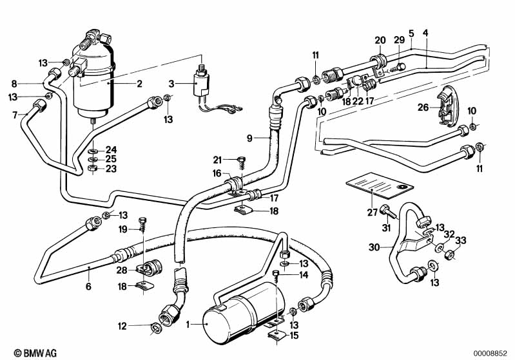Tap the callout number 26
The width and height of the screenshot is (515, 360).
point(422,108)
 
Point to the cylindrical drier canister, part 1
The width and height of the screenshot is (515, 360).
point(242,314)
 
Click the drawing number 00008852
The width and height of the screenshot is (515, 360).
point(491,353)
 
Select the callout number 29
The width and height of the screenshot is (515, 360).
point(400,40)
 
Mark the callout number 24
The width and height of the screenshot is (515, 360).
point(111,149)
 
